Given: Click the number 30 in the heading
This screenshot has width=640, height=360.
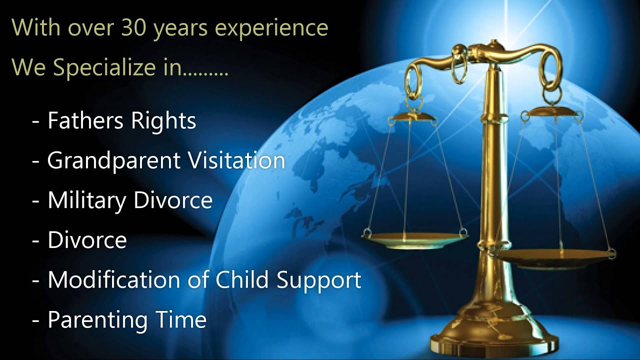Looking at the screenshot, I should click(133, 28).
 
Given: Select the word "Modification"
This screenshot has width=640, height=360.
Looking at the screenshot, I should click(108, 280).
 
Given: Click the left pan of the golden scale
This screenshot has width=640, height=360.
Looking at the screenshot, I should click(414, 240).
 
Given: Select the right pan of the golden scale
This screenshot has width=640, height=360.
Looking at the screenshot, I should click(552, 258).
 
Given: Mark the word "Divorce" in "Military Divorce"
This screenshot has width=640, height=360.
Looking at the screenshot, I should click(172, 200).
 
